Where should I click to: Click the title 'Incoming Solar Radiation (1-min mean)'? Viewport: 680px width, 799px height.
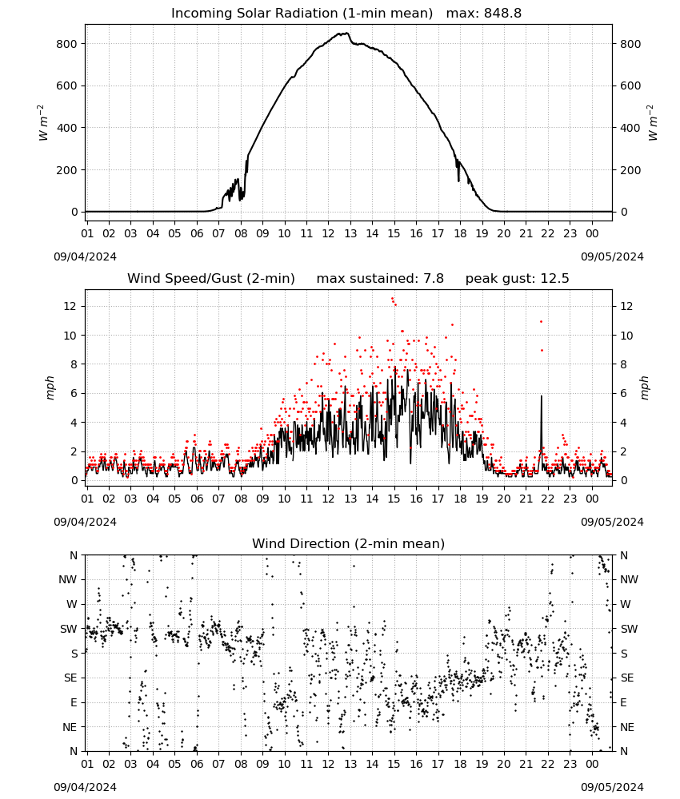[x=302, y=14]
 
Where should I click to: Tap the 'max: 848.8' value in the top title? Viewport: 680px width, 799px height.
[x=484, y=14]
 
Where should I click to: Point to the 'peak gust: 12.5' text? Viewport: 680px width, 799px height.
[x=517, y=279]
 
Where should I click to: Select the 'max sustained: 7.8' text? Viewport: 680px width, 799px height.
[x=380, y=279]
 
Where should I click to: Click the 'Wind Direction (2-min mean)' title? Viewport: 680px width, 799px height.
[x=349, y=543]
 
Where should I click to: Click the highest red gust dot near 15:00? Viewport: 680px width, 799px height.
[x=392, y=299]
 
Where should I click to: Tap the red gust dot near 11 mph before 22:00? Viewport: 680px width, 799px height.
[x=542, y=321]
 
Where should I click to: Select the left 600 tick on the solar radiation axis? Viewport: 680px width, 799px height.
[x=66, y=86]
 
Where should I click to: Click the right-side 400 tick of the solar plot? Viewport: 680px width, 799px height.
[x=630, y=128]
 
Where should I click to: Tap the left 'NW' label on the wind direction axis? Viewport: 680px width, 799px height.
[x=68, y=580]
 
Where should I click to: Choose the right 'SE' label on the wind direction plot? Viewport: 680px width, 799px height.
[x=627, y=678]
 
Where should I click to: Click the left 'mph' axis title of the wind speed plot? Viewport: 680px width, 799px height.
[x=50, y=388]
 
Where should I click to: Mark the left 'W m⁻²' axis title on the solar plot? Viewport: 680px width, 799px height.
[x=43, y=123]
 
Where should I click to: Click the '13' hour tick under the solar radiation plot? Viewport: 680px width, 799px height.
[x=350, y=233]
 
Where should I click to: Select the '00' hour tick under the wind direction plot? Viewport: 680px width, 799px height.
[x=592, y=764]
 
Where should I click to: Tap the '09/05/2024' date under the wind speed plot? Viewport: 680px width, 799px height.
[x=612, y=522]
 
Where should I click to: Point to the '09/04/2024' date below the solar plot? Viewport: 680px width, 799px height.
[x=85, y=256]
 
